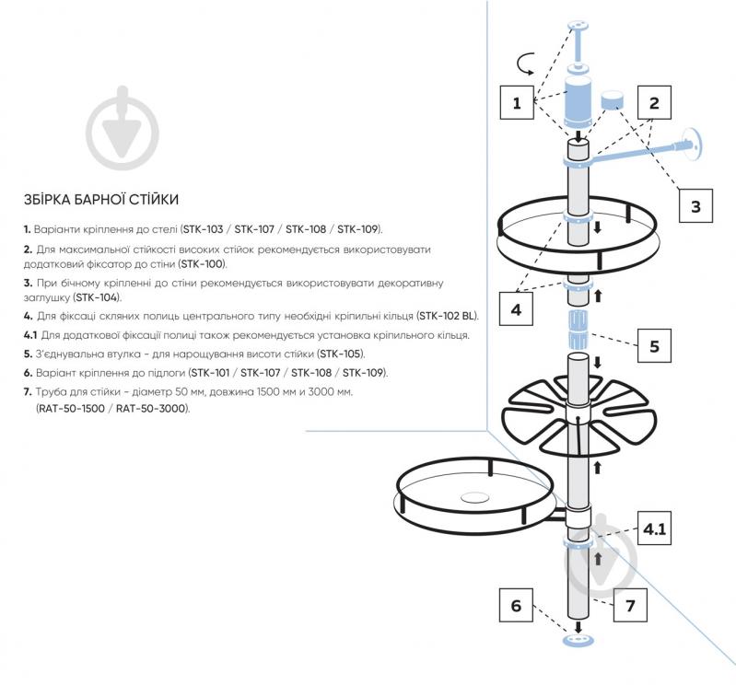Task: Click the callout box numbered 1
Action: click(517, 102)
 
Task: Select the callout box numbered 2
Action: click(654, 102)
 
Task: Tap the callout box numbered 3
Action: click(695, 205)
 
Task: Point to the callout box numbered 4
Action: click(516, 308)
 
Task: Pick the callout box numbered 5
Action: click(654, 346)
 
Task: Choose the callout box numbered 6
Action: click(516, 605)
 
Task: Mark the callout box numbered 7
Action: click(630, 605)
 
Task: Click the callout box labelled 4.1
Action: click(654, 528)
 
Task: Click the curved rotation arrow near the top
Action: click(525, 64)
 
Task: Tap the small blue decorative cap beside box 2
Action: click(613, 99)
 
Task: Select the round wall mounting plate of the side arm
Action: click(692, 143)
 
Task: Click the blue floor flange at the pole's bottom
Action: click(578, 640)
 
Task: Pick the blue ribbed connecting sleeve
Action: click(578, 329)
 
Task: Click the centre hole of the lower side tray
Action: click(474, 497)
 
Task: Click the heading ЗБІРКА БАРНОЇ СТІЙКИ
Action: click(101, 200)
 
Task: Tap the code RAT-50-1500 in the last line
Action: click(71, 408)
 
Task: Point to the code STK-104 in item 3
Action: click(97, 297)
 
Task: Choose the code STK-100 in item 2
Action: click(203, 263)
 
